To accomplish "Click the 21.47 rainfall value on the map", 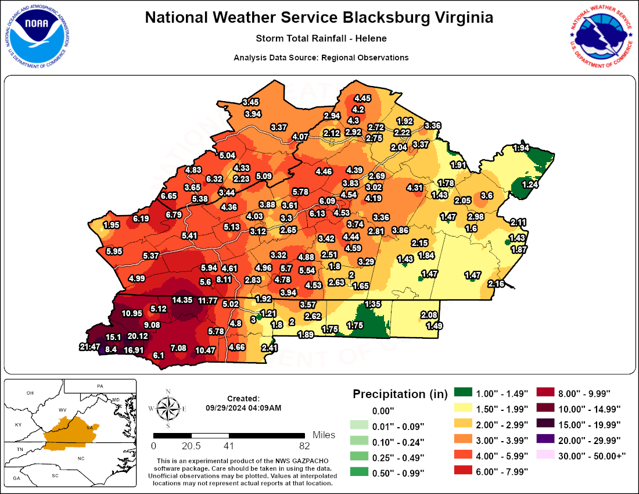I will coord(89,347).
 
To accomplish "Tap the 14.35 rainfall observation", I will coord(182,300).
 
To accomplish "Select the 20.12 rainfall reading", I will coord(138,336).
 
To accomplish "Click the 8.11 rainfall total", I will coord(224,280).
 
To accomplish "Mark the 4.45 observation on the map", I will coord(363,98).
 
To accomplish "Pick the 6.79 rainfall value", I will coord(174,214).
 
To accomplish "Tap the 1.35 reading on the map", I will coord(372,304).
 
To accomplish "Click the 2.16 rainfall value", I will coord(496,284).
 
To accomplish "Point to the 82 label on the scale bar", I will coord(304,446).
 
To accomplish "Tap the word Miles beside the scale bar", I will coord(324,435).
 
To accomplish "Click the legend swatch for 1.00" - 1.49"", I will coord(463,393).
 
